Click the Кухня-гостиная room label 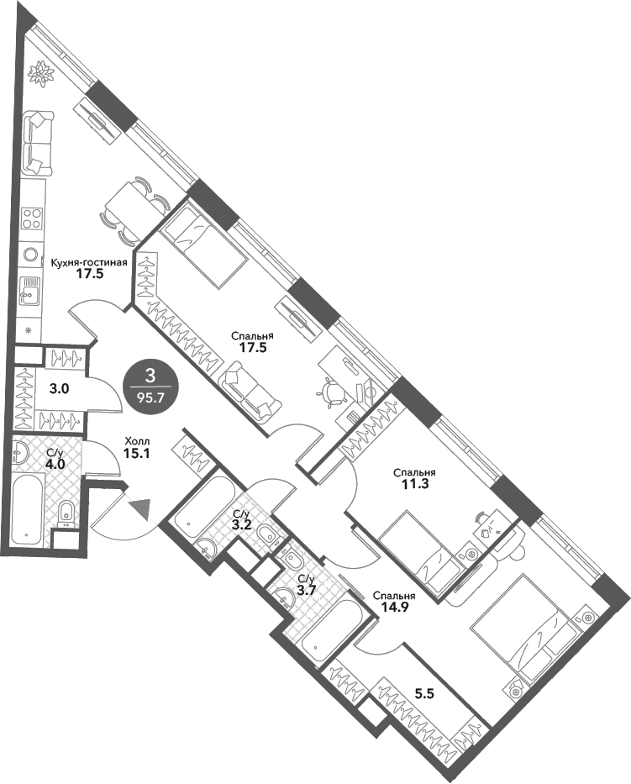click(89, 261)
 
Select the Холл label click(138, 440)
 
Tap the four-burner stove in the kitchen click(33, 218)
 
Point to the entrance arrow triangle click(141, 508)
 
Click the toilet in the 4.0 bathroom click(66, 510)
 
